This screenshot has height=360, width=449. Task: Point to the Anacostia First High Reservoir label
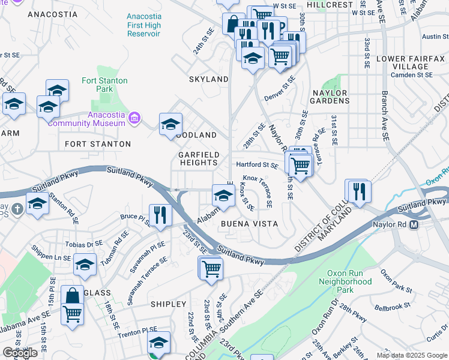144,25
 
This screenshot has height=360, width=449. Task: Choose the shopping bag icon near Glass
72,295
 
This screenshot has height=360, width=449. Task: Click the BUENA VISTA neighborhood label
250,224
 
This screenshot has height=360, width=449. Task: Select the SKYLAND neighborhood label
209,79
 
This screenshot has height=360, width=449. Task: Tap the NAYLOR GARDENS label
330,97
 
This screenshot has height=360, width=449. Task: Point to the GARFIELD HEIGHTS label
197,158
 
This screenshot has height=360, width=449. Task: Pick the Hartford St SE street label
257,165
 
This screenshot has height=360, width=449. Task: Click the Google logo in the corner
20,352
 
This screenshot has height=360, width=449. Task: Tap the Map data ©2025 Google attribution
411,355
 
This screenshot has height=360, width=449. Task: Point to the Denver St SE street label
280,88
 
